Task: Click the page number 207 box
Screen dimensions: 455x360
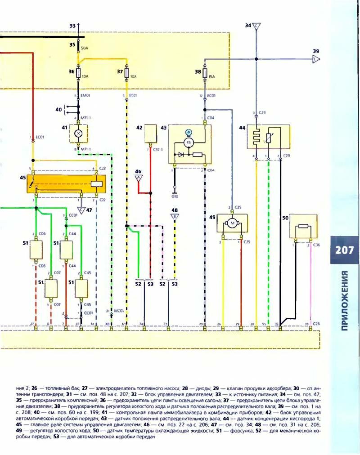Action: click(x=344, y=250)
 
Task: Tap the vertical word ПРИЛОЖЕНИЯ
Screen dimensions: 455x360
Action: click(x=345, y=300)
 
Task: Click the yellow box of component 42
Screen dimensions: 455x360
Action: click(x=150, y=133)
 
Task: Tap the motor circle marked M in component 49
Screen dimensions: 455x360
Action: click(x=232, y=222)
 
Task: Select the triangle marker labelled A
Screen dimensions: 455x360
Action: click(x=139, y=178)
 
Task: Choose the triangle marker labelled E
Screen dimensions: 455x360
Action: click(x=316, y=59)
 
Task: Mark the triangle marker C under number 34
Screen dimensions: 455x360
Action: click(x=256, y=27)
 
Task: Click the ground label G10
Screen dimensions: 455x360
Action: click(x=175, y=196)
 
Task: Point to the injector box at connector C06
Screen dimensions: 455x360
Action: click(x=36, y=250)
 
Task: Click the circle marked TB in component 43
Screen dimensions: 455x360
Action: click(x=189, y=142)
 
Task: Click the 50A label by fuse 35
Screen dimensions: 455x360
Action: click(x=84, y=48)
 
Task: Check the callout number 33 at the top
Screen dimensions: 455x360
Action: click(x=72, y=26)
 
